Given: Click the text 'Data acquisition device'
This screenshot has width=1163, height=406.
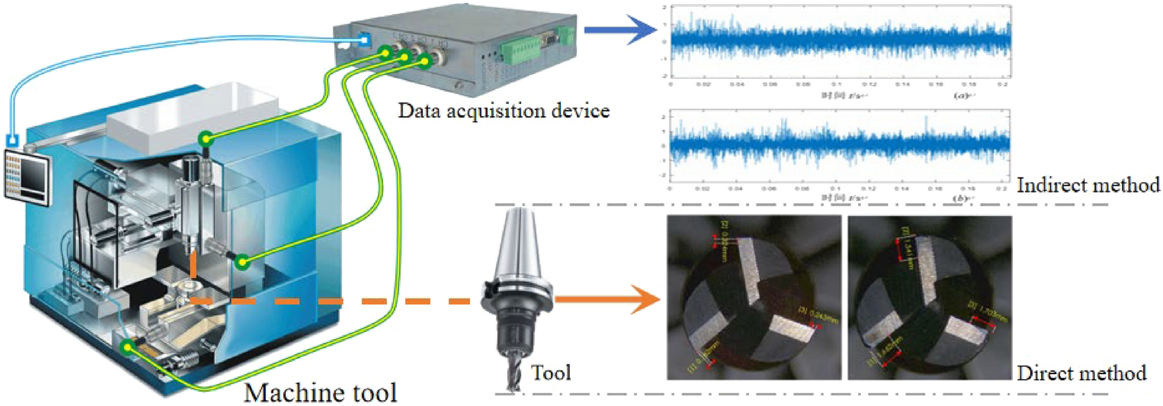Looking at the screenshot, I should [503, 110].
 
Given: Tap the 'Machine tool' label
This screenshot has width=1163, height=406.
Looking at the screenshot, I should [320, 392].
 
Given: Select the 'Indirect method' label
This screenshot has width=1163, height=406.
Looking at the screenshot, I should [1088, 185].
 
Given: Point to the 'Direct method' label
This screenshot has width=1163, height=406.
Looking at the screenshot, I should [1081, 373].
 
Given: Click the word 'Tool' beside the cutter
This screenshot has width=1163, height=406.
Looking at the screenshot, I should [550, 372].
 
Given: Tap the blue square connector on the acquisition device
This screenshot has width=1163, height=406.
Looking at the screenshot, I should [364, 39].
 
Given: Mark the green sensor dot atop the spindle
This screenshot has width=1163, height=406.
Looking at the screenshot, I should [206, 139].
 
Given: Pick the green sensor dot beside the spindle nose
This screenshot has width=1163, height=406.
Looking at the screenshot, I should [243, 262].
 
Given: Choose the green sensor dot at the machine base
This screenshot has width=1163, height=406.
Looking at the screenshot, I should [127, 347].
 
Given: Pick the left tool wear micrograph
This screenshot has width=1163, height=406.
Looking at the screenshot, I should [753, 298].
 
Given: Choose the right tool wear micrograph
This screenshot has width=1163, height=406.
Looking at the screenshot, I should [929, 298].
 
